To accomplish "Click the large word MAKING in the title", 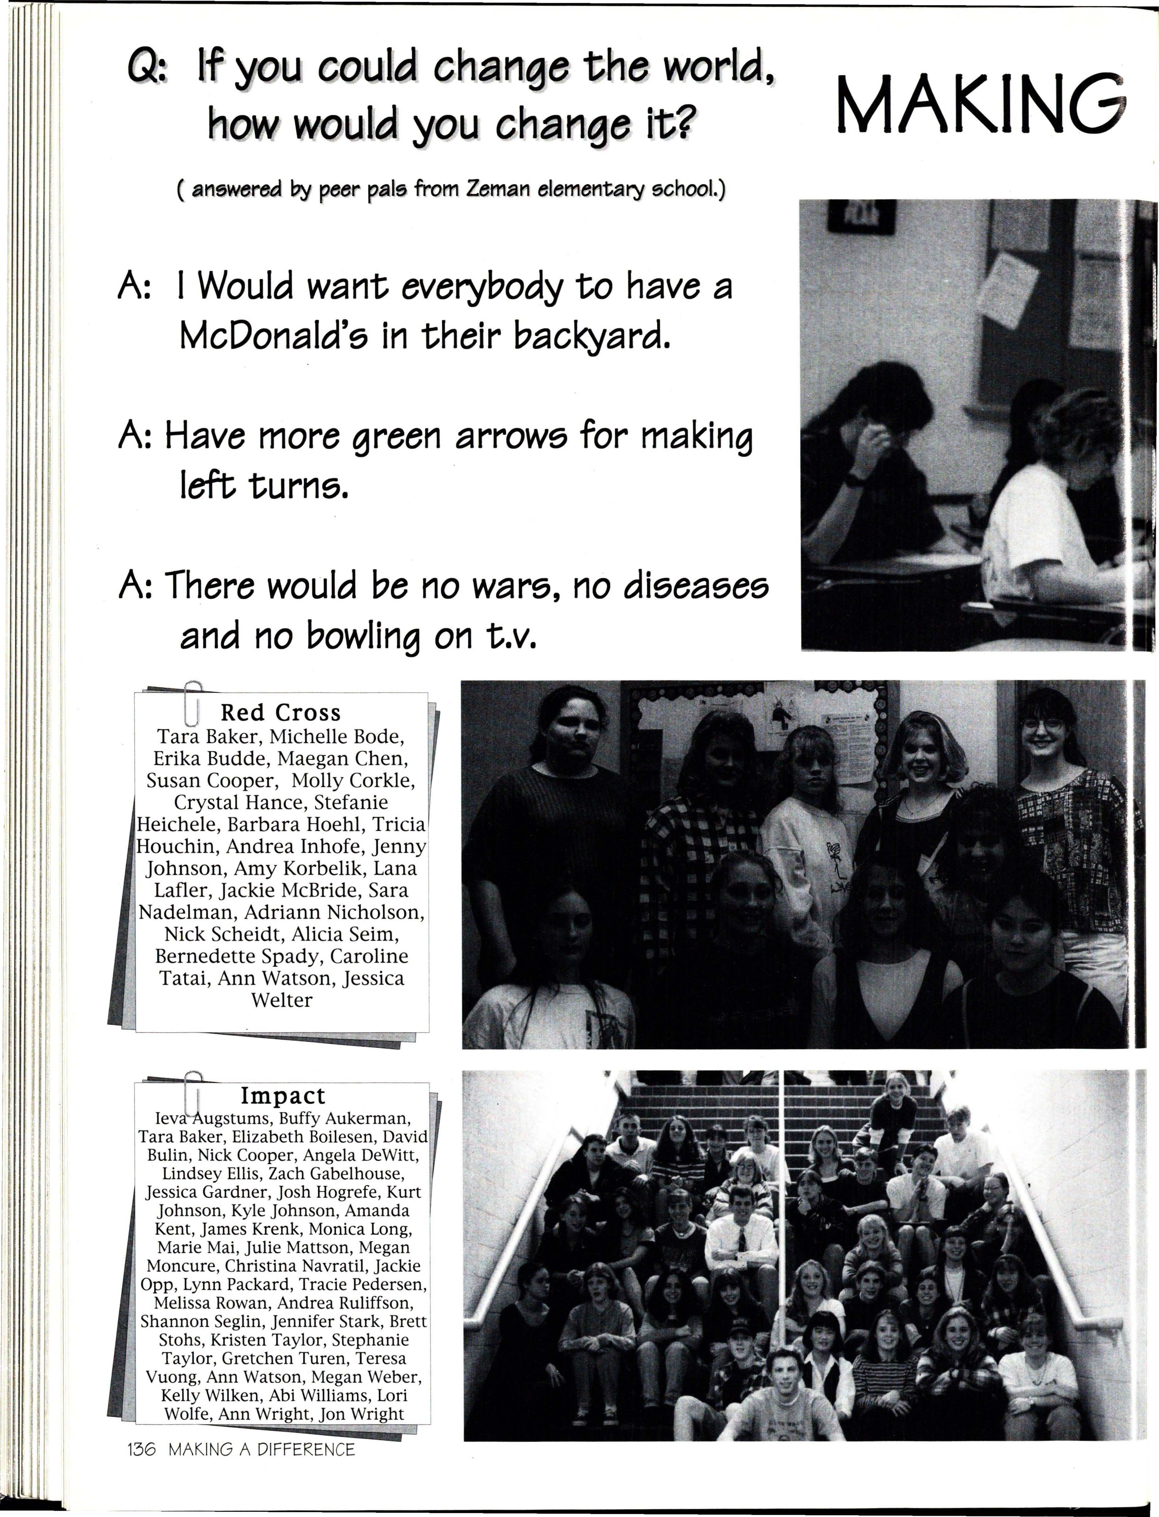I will click(980, 105).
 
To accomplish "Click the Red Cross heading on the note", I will click(280, 712).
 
